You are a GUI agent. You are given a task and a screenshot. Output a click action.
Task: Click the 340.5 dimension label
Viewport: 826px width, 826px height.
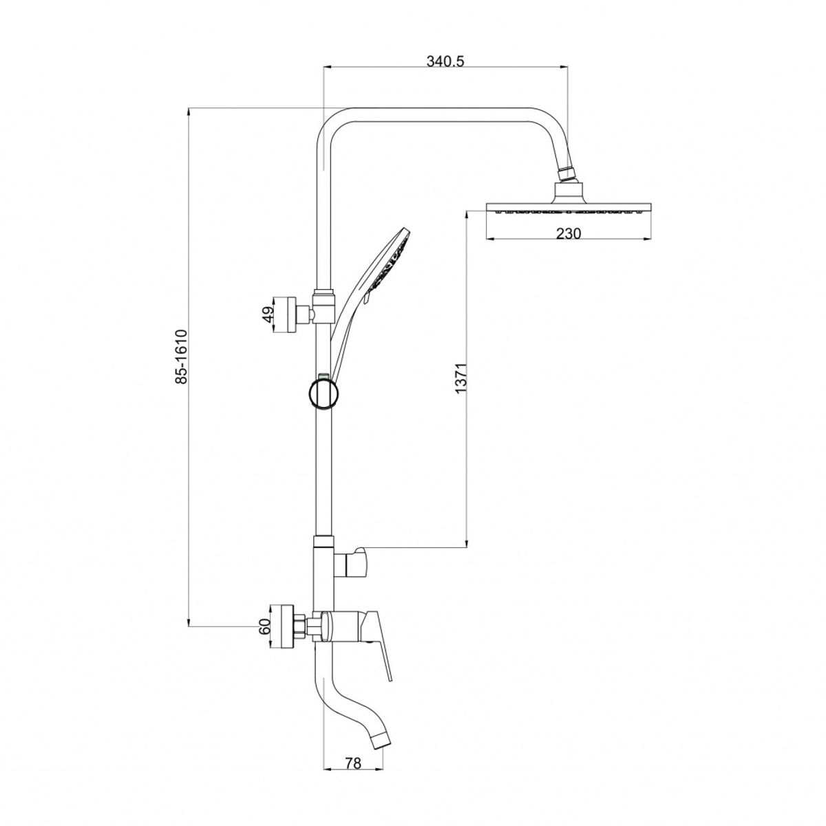coord(445,62)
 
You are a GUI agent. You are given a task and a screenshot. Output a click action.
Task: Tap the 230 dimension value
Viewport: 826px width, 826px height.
coord(569,233)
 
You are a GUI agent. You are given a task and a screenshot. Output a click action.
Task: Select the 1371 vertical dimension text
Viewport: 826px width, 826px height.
coord(460,379)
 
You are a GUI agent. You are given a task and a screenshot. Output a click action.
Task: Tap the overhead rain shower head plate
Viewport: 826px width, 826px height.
coord(569,208)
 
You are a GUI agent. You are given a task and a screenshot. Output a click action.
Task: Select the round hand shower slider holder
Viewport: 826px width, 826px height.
coord(324,392)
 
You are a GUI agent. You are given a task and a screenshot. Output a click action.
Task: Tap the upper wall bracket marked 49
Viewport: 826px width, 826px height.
coord(284,314)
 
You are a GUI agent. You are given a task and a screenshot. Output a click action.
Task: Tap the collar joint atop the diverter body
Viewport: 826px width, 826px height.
coord(324,541)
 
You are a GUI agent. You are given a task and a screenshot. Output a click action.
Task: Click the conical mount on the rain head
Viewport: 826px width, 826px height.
coord(569,193)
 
